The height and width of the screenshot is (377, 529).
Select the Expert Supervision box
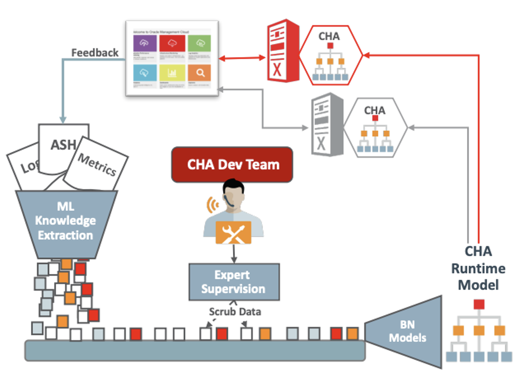(234, 282)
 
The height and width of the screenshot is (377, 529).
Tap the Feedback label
(95, 53)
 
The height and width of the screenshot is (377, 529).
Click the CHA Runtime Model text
(478, 268)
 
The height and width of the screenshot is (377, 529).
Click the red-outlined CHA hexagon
(330, 55)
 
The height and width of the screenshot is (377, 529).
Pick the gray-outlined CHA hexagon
(375, 128)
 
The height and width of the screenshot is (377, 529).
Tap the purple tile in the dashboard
(145, 43)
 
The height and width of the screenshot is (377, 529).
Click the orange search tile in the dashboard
(199, 73)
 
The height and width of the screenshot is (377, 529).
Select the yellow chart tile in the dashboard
(172, 73)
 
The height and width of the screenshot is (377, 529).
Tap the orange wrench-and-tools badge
(233, 233)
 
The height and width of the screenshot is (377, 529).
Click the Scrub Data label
(235, 312)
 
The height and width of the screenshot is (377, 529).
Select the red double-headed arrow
(242, 58)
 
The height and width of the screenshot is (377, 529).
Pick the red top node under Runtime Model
(479, 304)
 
